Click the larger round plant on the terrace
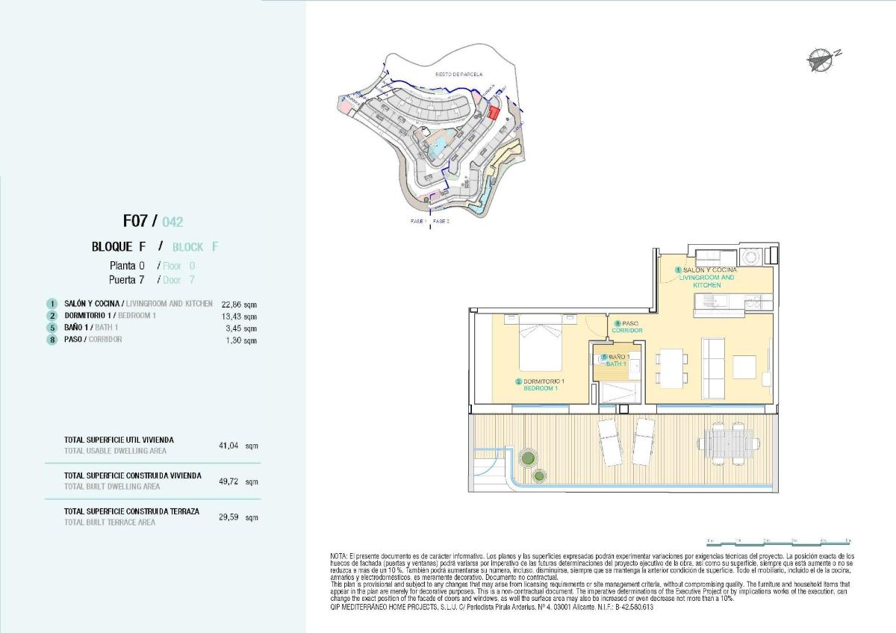pyautogui.click(x=529, y=457)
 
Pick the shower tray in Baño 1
pyautogui.click(x=616, y=391)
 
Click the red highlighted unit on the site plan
pyautogui.click(x=493, y=113)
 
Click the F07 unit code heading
pyautogui.click(x=136, y=221)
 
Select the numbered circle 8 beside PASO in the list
pyautogui.click(x=52, y=340)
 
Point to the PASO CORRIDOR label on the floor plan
pyautogui.click(x=626, y=327)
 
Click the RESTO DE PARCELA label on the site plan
pyautogui.click(x=458, y=75)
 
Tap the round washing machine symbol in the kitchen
pyautogui.click(x=750, y=256)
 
